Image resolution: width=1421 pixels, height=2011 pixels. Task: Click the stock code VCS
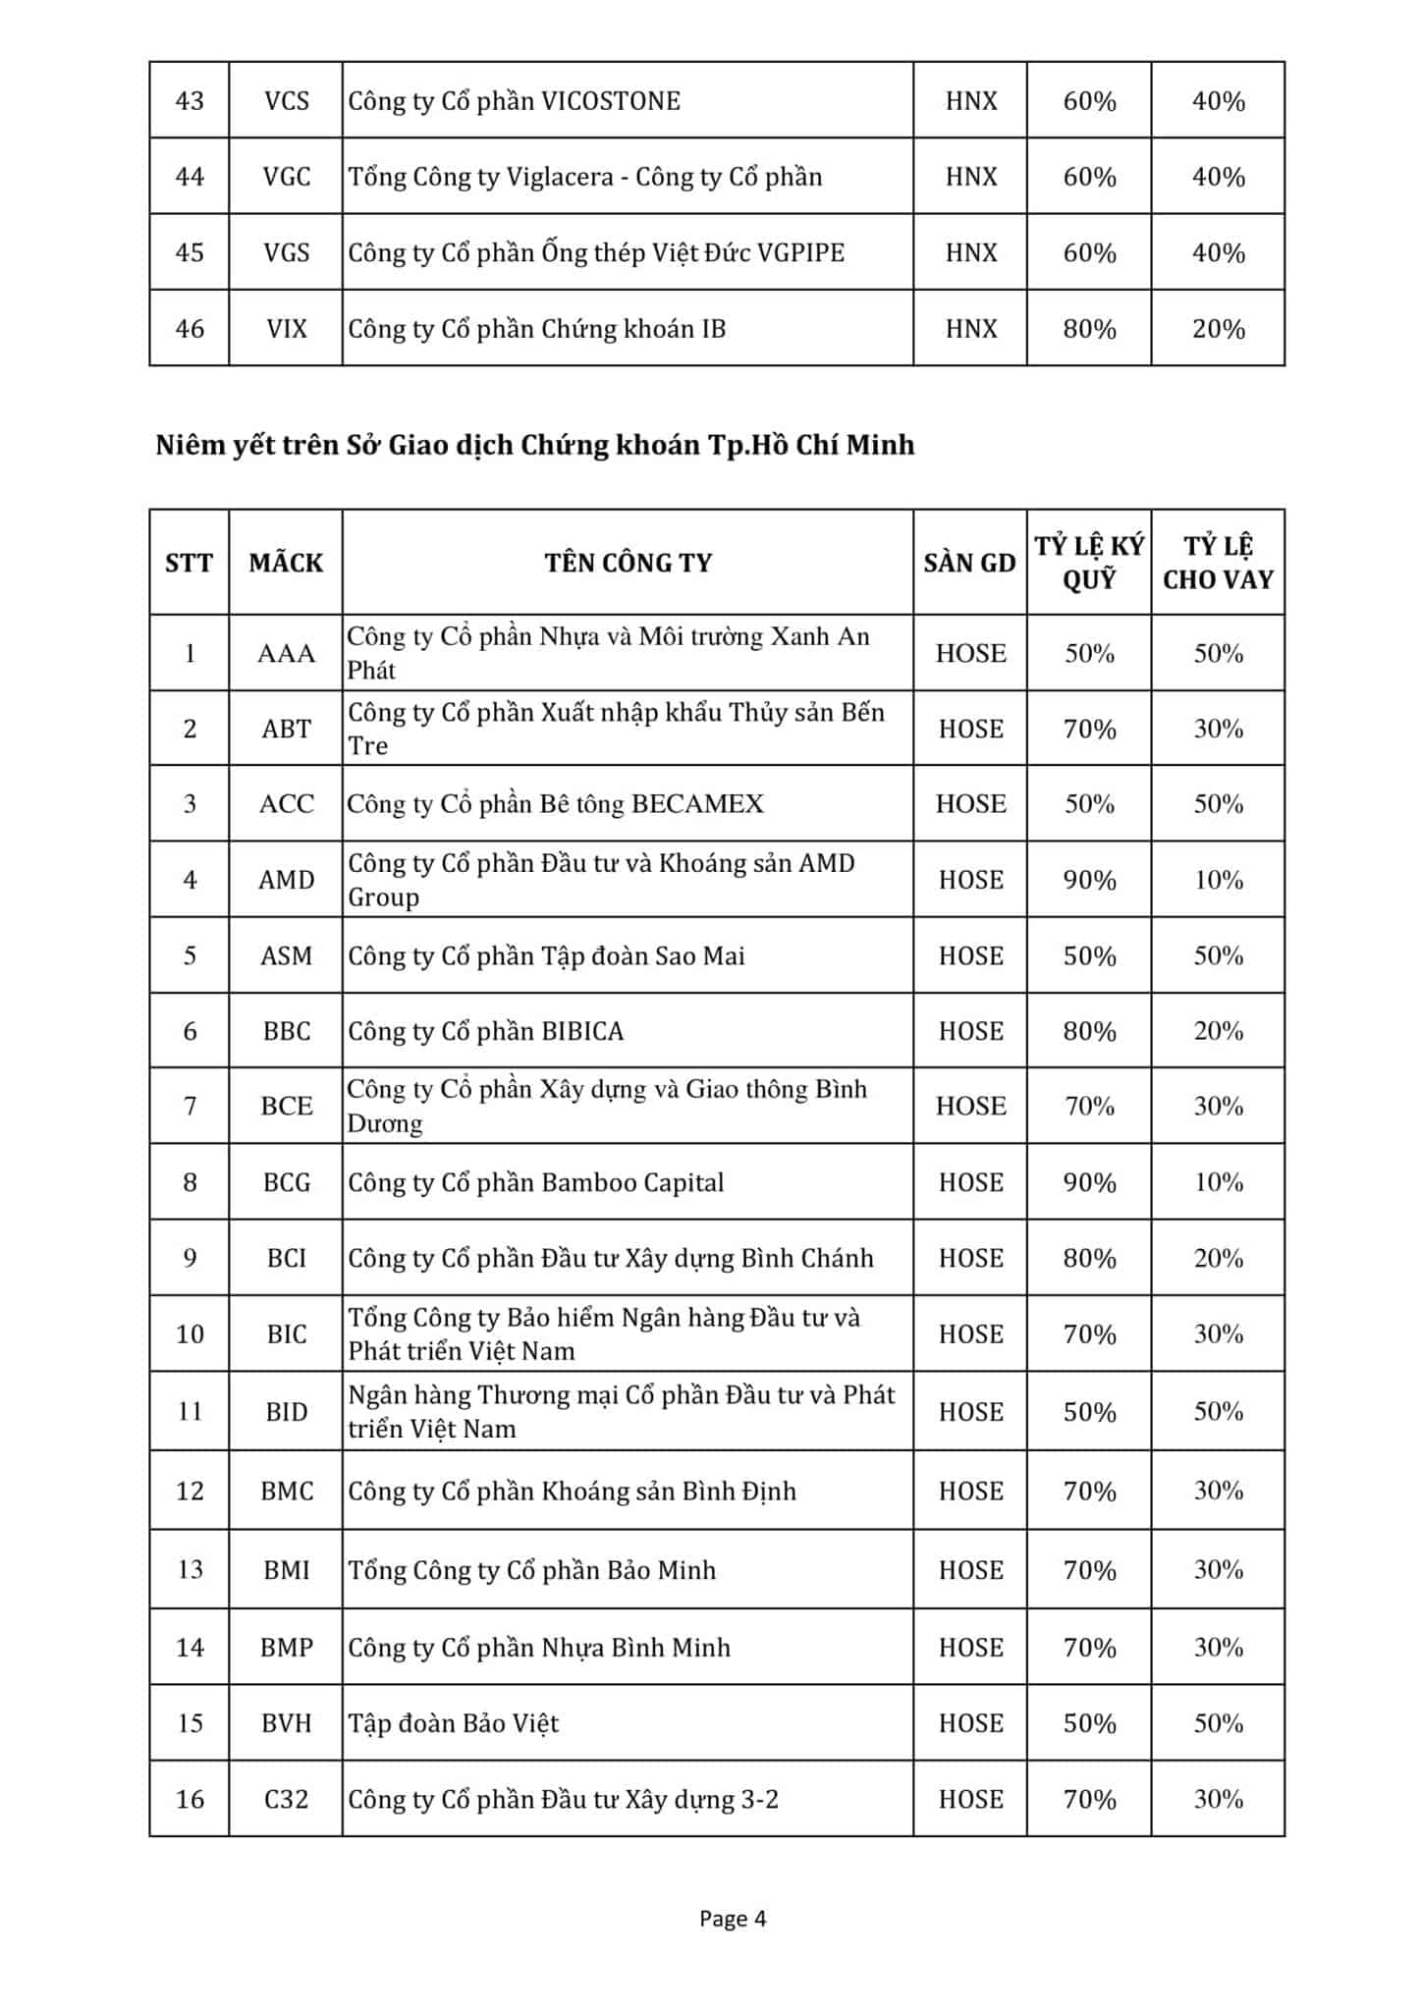coord(286,101)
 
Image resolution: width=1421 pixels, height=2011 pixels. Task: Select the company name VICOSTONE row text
coord(514,101)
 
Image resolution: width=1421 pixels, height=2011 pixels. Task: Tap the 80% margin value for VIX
coord(1089,329)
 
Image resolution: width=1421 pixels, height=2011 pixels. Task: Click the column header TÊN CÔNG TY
coord(628,563)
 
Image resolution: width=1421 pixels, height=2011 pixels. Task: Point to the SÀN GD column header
coord(969,563)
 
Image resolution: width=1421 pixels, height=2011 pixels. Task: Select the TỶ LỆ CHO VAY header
coord(1218,563)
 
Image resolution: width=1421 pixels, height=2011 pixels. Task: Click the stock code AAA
coord(286,654)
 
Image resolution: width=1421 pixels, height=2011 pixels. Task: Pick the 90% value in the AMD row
coord(1089,880)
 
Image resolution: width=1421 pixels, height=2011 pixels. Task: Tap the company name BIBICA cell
coord(486,1031)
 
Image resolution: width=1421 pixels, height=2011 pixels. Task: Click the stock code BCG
coord(286,1182)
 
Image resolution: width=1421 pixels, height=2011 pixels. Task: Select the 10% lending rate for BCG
coord(1218,1182)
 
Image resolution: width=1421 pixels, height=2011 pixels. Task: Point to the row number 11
coord(190,1412)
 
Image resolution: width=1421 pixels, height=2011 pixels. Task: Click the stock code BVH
coord(286,1723)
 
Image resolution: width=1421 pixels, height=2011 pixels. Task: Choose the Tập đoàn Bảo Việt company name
coord(454,1723)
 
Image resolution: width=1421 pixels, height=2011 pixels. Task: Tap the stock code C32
coord(286,1799)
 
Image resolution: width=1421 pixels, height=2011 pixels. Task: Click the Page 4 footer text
coord(732,1919)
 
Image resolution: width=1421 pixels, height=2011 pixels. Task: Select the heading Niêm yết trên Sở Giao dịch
coord(534,446)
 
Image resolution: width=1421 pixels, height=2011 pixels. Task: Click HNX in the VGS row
coord(970,253)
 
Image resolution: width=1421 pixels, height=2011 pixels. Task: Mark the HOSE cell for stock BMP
coord(970,1647)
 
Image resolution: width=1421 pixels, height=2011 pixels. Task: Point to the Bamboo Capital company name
coord(535,1182)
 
